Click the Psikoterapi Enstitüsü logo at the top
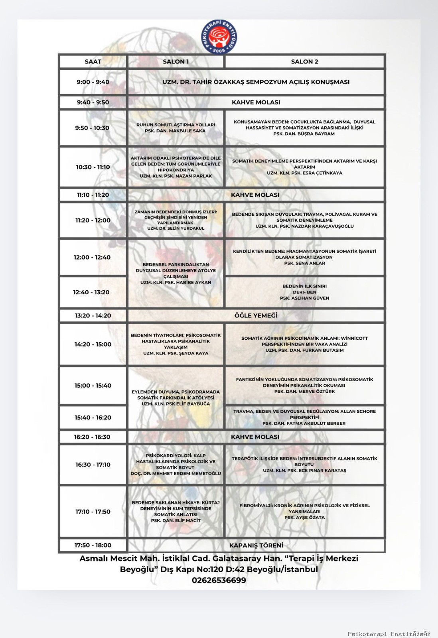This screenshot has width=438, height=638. pos(219,37)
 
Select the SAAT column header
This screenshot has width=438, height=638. pos(93,61)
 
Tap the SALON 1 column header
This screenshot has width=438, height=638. pos(176,61)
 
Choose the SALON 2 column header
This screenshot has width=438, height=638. pos(304,61)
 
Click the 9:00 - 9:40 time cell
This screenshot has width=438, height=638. pos(93,82)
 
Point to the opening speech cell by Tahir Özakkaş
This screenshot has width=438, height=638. pos(256,82)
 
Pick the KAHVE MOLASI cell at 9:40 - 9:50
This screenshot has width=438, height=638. pos(256,102)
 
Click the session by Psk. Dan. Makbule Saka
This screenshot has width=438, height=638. pos(176,128)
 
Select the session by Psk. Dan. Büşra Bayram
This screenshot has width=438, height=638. pos(304,128)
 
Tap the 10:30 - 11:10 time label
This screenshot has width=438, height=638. pos(93,167)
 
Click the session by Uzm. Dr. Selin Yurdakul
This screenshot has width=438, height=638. pos(176,220)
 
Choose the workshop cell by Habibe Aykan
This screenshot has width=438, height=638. pos(176,273)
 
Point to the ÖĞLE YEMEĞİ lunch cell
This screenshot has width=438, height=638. pos(256,315)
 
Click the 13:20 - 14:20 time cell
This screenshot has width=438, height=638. pos(93,315)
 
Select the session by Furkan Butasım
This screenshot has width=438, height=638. pos(304,344)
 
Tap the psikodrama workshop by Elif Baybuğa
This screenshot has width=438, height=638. pos(176,398)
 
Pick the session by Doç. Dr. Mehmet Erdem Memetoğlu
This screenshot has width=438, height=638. pos(176,465)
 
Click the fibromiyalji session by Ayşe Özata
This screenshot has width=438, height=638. pos(304,511)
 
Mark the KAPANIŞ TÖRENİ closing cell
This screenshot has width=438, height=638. pos(256,545)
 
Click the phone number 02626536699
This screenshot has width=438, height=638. pos(219,580)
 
